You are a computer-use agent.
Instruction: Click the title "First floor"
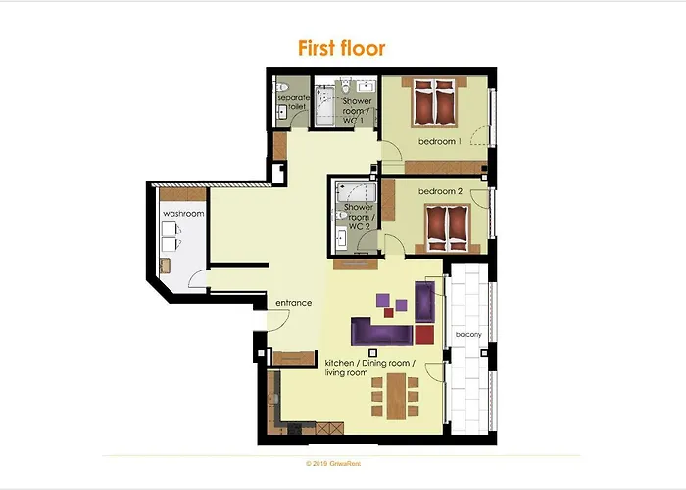point(342,48)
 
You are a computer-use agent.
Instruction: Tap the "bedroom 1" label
point(438,142)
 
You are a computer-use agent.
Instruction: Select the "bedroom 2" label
point(438,190)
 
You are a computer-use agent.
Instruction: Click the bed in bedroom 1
point(434,104)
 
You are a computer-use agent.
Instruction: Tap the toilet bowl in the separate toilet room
point(280,85)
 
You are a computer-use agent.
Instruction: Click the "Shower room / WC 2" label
point(359,217)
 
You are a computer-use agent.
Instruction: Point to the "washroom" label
point(181,214)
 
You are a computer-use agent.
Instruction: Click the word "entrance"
point(293,303)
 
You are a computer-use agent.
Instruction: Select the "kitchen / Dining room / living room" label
point(370,367)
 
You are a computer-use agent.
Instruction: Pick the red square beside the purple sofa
point(423,335)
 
